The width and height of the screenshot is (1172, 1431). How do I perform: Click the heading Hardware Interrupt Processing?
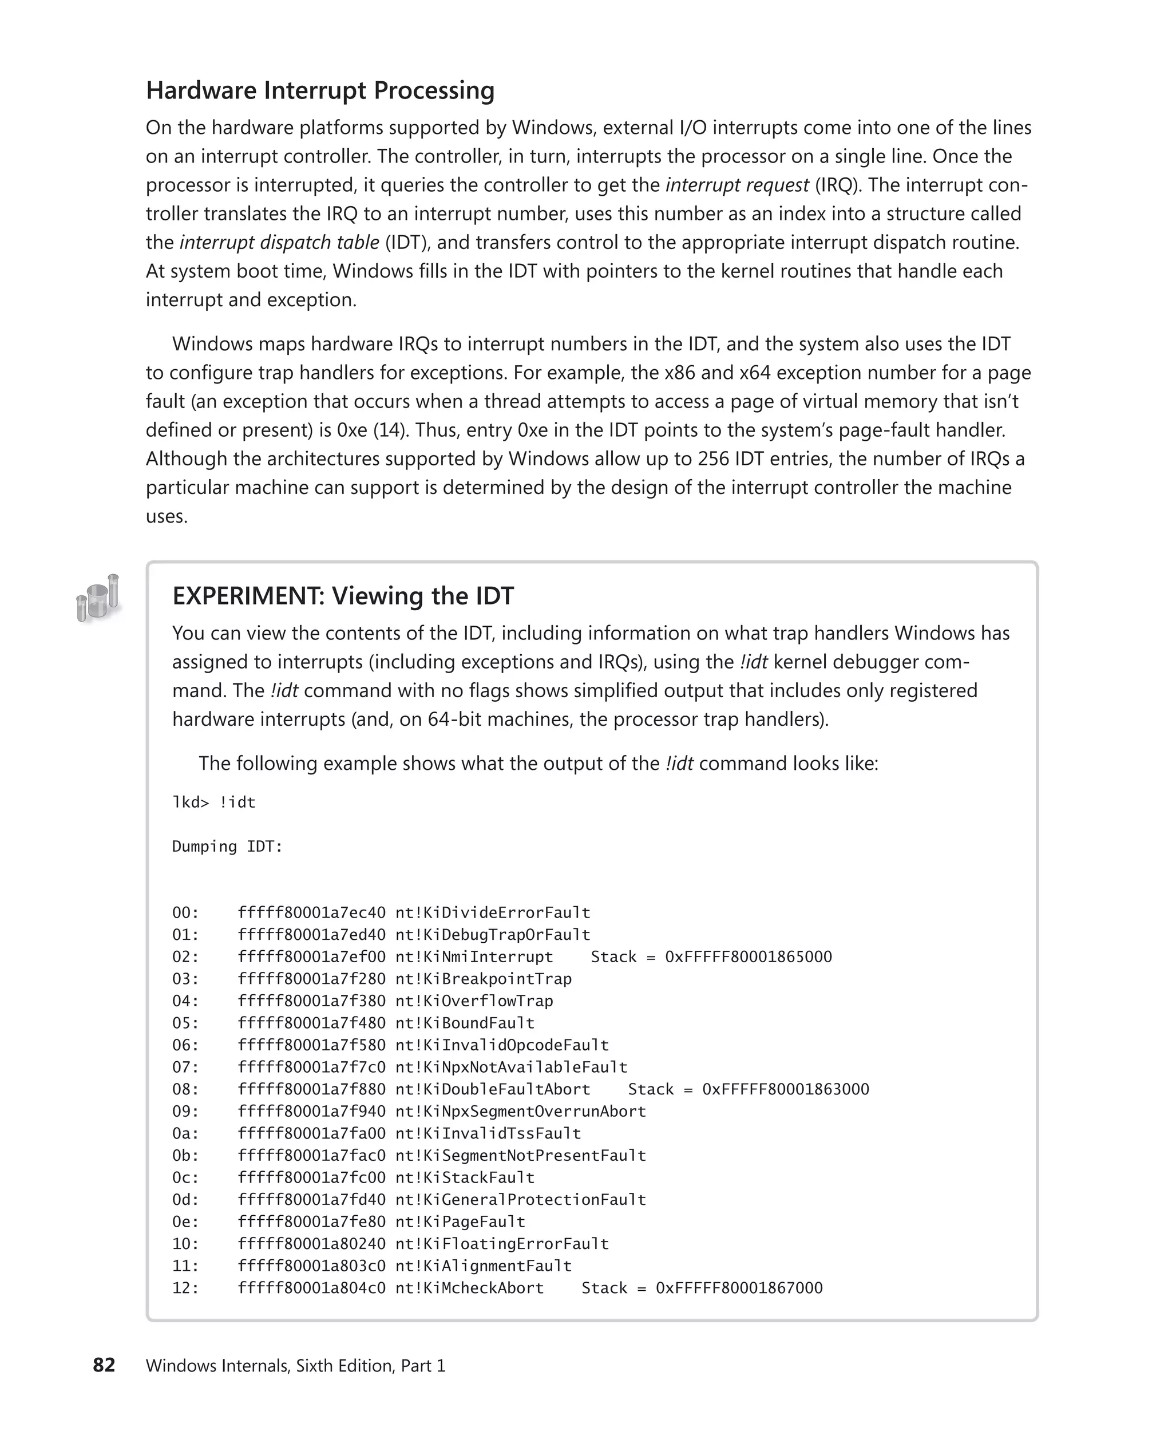[x=320, y=90]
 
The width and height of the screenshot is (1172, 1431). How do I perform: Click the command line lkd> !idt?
[x=214, y=803]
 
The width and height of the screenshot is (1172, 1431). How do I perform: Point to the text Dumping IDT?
[x=228, y=846]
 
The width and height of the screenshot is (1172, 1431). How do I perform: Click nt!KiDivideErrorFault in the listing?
[x=493, y=913]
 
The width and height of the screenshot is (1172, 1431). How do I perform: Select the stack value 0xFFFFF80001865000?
[x=748, y=957]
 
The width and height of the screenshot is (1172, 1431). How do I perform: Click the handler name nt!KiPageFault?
[x=461, y=1222]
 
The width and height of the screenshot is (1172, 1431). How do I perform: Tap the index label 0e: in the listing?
[x=185, y=1222]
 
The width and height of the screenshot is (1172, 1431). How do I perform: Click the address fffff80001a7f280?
[x=311, y=979]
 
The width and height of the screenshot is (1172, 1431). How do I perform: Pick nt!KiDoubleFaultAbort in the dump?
[x=493, y=1089]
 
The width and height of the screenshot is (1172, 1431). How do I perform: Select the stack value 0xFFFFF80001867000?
[x=739, y=1288]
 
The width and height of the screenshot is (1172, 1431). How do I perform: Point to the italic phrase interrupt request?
[x=737, y=185]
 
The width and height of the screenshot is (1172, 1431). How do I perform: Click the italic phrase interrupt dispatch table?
[x=279, y=243]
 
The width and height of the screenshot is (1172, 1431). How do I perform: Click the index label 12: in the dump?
[x=185, y=1288]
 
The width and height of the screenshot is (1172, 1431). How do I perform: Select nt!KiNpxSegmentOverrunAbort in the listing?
[x=521, y=1112]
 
